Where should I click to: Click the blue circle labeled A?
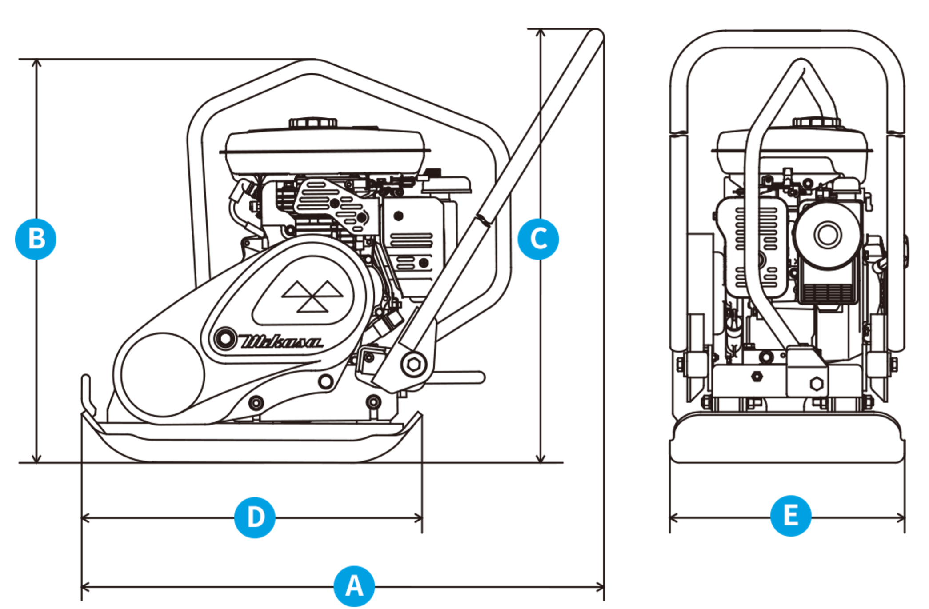(354, 586)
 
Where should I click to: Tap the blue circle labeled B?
(36, 239)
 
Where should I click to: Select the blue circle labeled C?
(538, 239)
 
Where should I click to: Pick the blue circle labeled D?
(255, 517)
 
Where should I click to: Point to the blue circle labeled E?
(791, 516)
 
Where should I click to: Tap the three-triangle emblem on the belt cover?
(312, 296)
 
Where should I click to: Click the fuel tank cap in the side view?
(313, 123)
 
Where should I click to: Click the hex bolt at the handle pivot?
(414, 365)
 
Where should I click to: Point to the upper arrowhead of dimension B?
(36, 63)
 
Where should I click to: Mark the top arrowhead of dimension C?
(541, 33)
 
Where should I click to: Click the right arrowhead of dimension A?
(600, 587)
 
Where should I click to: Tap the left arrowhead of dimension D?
(86, 518)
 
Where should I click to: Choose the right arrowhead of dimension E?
(901, 518)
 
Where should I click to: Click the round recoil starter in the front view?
(828, 234)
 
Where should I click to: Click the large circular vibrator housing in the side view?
(162, 375)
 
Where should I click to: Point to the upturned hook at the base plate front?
(88, 394)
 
